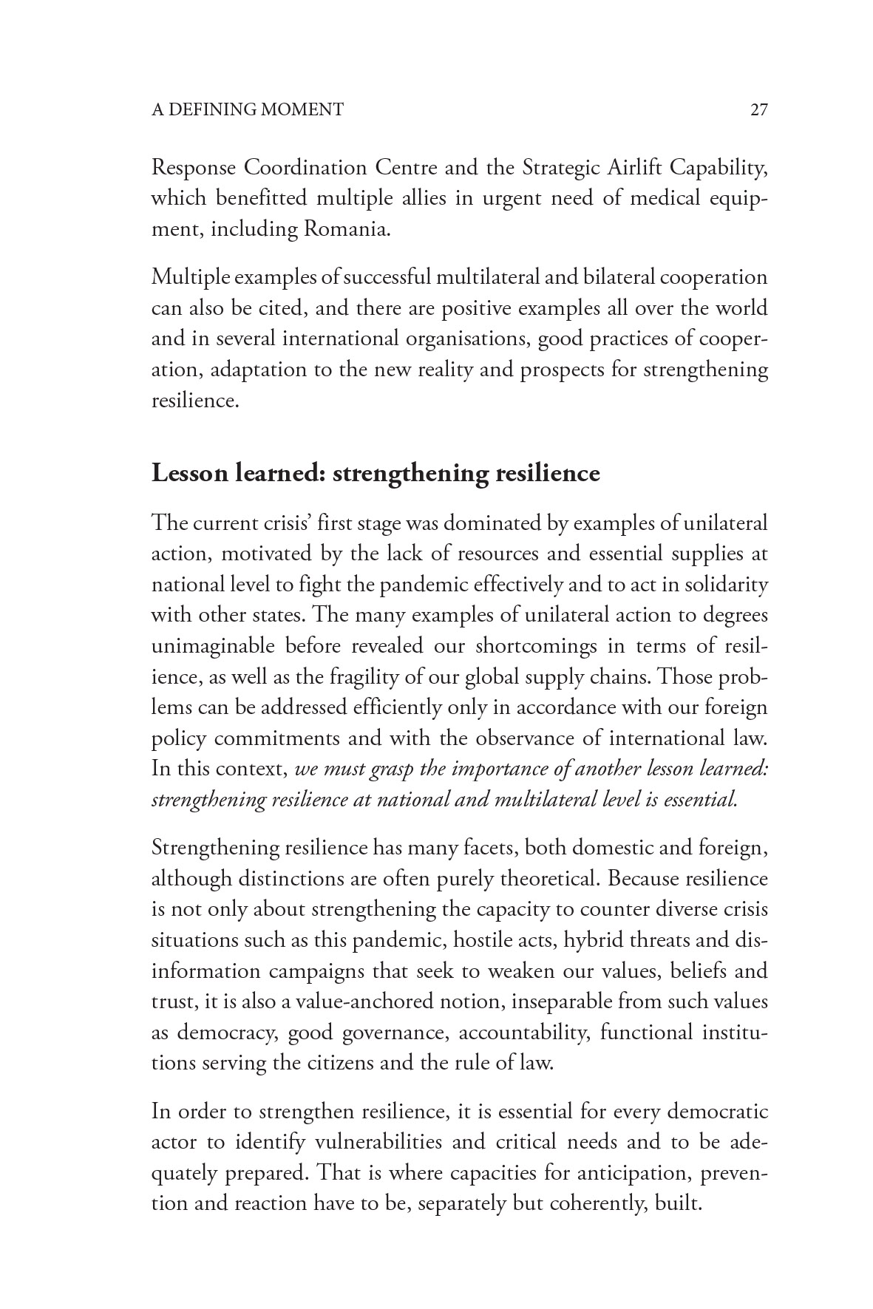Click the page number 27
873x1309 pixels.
pyautogui.click(x=759, y=110)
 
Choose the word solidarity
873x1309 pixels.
pyautogui.click(x=725, y=584)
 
